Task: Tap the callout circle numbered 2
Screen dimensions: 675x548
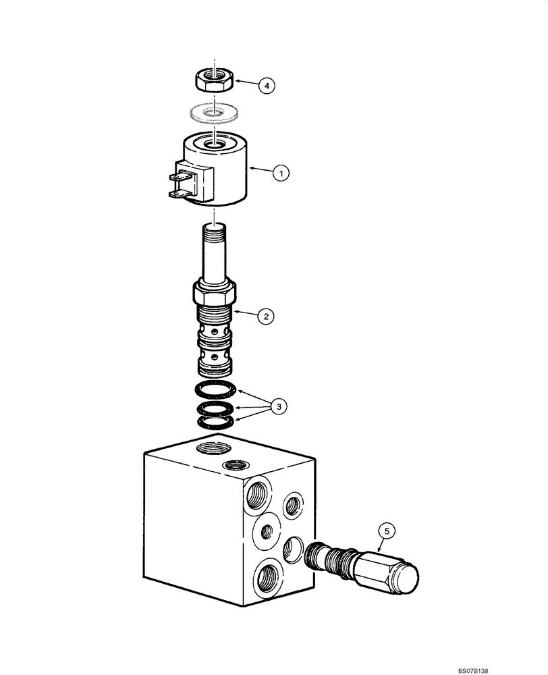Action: tap(266, 315)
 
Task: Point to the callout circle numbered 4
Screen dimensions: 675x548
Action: tap(268, 86)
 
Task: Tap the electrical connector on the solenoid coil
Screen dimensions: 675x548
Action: tap(182, 182)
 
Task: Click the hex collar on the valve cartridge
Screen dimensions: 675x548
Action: tap(215, 294)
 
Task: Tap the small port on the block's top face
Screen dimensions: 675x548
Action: tap(236, 464)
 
